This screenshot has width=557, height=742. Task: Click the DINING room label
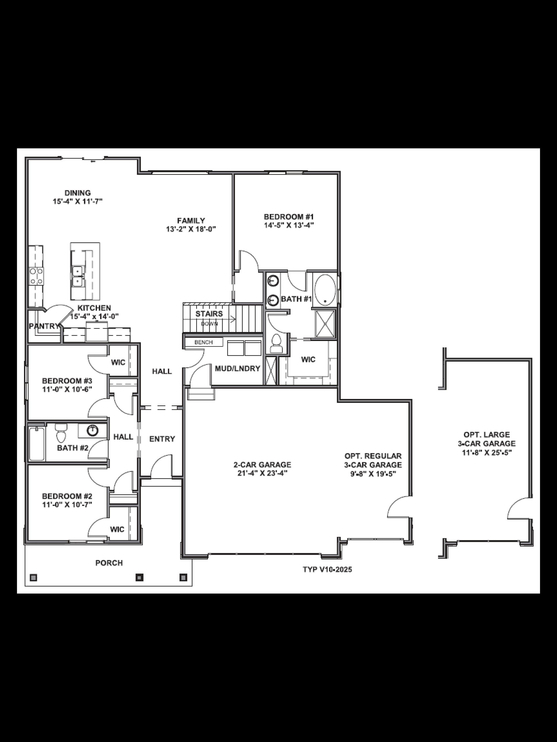point(78,193)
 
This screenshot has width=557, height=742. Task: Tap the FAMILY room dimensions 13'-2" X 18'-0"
point(191,230)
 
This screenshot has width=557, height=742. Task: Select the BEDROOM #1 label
point(289,217)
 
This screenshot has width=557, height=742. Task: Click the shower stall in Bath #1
point(325,323)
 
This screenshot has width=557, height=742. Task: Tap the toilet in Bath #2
point(61,434)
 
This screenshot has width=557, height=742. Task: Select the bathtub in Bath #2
point(37,444)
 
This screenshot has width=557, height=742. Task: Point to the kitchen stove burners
point(36,276)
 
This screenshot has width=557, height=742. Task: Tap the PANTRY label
point(44,326)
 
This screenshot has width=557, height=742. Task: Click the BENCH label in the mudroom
point(204,342)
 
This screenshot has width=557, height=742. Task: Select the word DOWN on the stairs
point(210,324)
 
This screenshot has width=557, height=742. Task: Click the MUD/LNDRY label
point(237,369)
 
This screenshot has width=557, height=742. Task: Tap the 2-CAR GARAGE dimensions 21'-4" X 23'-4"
point(262,473)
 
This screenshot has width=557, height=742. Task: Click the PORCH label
point(109,563)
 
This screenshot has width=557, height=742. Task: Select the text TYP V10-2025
point(327,569)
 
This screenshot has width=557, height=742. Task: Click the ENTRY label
point(162,439)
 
